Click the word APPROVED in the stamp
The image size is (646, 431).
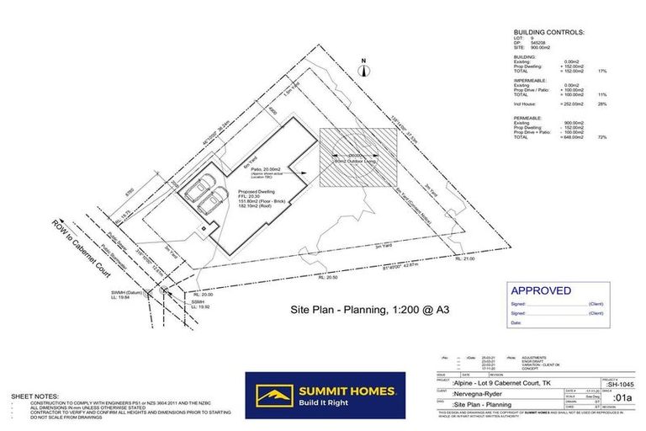point(539,290)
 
